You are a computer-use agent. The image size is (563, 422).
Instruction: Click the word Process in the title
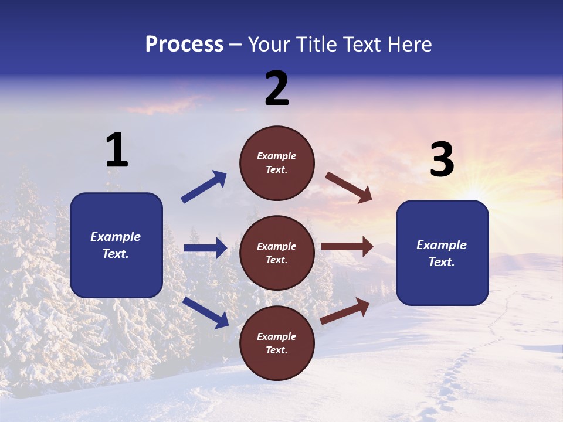(x=184, y=44)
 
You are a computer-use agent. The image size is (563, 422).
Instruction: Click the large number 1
(x=117, y=151)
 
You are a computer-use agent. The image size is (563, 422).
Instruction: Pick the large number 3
(x=442, y=161)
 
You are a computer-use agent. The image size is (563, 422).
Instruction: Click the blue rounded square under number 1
(x=116, y=245)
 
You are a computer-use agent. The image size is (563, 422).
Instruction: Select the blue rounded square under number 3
(x=442, y=253)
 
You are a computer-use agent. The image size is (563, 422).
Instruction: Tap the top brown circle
(x=277, y=163)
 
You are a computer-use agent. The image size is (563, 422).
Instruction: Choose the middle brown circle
(x=277, y=253)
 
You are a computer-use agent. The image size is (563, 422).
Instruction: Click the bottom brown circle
(x=277, y=343)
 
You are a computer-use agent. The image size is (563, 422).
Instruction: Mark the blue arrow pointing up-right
(x=204, y=187)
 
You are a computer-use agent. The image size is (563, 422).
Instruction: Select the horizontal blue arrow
(x=205, y=248)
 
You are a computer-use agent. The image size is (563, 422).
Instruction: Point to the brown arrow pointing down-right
(x=349, y=188)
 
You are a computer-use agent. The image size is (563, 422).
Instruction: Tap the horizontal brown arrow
(x=347, y=246)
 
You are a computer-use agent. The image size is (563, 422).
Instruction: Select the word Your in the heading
(x=269, y=44)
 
